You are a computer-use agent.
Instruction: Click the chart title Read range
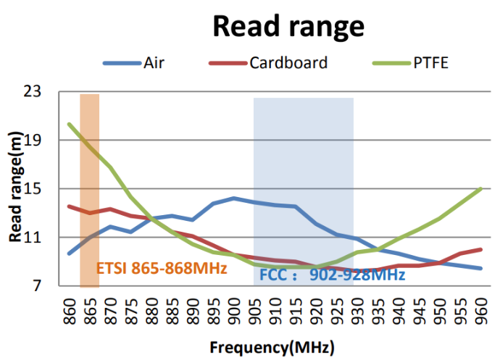(x=288, y=27)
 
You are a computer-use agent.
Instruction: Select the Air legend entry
(x=153, y=62)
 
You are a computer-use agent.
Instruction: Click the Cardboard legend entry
(x=288, y=62)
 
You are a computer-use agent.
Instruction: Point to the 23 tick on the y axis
(x=51, y=92)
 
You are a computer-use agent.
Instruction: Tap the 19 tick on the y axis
(x=51, y=141)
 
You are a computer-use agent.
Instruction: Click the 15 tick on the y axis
(x=51, y=189)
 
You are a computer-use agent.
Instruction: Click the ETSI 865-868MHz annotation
(x=162, y=268)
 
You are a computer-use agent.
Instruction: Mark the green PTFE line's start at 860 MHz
(x=70, y=124)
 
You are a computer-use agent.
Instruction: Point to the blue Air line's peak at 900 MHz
(x=233, y=198)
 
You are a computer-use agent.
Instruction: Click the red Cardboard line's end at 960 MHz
(x=480, y=249)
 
